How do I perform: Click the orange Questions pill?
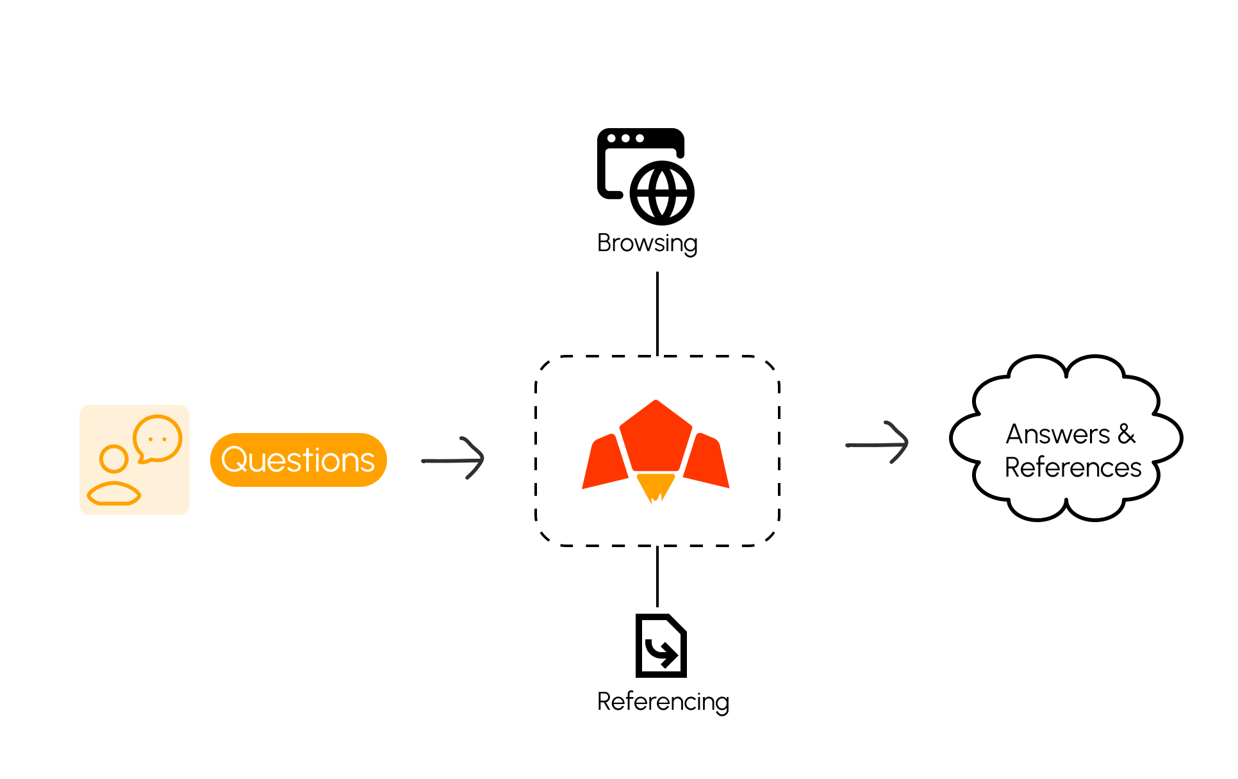(298, 460)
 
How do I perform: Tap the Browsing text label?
(647, 243)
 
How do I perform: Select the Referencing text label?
(663, 701)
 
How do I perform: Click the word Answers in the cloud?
(1057, 434)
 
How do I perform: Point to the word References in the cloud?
(1073, 468)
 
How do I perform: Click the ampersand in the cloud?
(1127, 434)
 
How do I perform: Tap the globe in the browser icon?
(662, 193)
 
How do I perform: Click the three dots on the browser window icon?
(625, 138)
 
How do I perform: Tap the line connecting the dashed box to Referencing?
(657, 576)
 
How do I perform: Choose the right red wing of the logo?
(706, 461)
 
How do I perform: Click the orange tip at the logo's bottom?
(655, 487)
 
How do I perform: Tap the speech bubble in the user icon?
(158, 438)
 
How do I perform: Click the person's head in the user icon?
(114, 459)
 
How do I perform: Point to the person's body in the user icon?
(114, 494)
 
